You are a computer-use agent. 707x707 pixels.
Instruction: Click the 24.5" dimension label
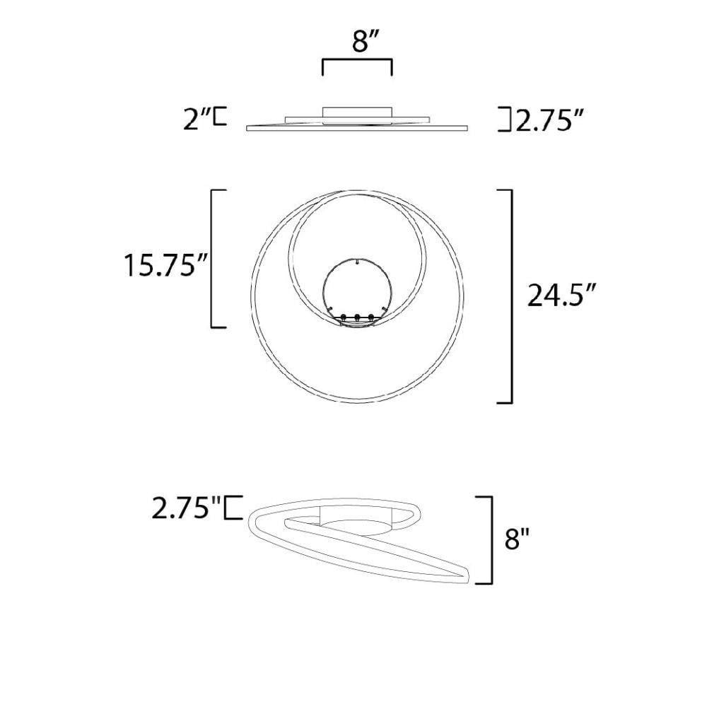click(562, 296)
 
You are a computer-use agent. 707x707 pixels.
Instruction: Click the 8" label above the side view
click(361, 42)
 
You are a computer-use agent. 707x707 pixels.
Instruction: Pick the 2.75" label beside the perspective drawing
click(185, 507)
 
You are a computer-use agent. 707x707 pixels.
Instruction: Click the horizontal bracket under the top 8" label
click(357, 59)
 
